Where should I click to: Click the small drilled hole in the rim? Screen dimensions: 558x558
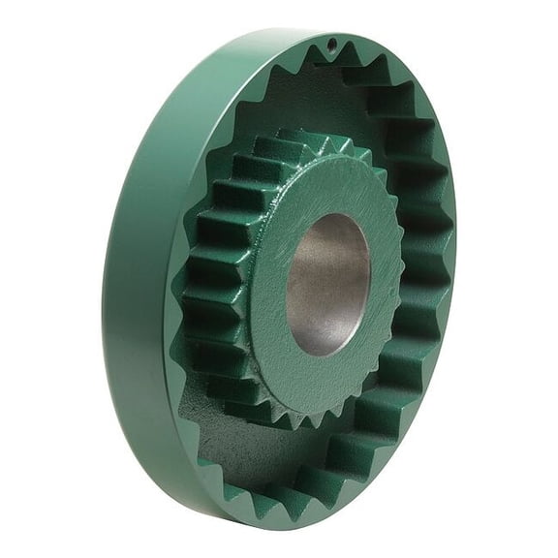tap(330, 44)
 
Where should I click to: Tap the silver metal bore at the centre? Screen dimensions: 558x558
tap(328, 283)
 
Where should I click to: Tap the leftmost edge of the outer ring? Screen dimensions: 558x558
tap(104, 291)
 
